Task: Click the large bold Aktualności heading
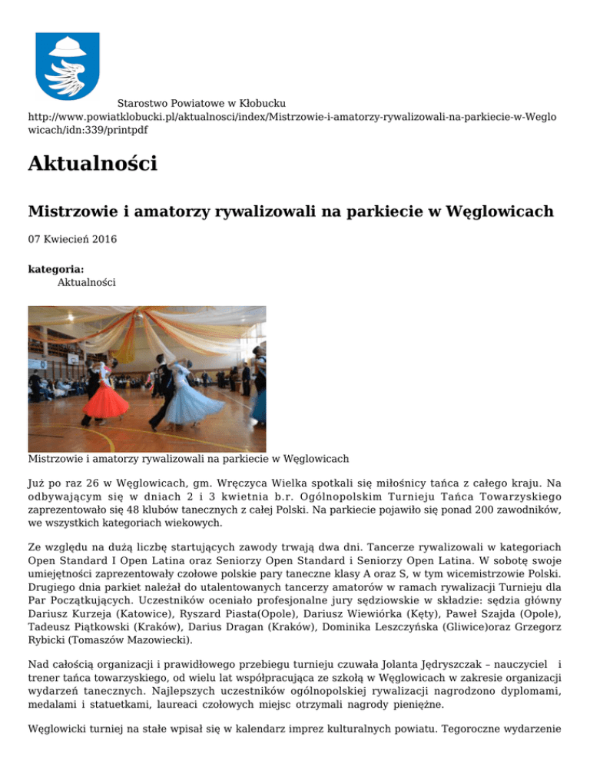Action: pos(92,164)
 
